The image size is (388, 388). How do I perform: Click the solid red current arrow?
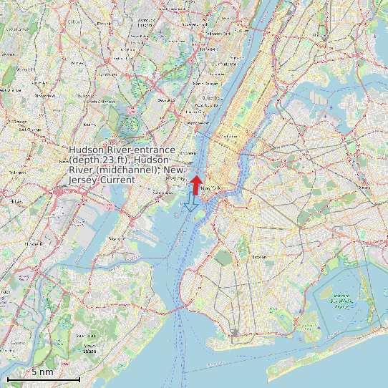(195, 185)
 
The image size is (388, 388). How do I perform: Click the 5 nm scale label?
(42, 372)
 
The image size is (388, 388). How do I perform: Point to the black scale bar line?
(43, 379)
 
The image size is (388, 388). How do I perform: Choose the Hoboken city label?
(188, 152)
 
